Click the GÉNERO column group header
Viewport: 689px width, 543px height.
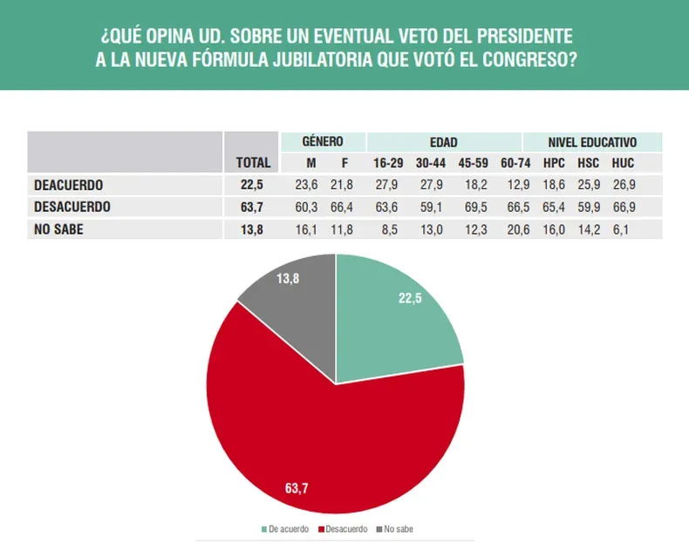tap(322, 141)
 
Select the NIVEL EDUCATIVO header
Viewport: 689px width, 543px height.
tap(592, 141)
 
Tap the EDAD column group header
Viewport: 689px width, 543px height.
tap(443, 141)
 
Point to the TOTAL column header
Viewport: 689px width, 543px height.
tap(253, 163)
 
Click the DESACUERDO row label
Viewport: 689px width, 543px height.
tap(72, 207)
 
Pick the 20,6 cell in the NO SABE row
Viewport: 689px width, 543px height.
tap(512, 229)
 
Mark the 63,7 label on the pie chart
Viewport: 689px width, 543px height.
tap(297, 488)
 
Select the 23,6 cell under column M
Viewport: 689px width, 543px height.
tap(307, 185)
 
